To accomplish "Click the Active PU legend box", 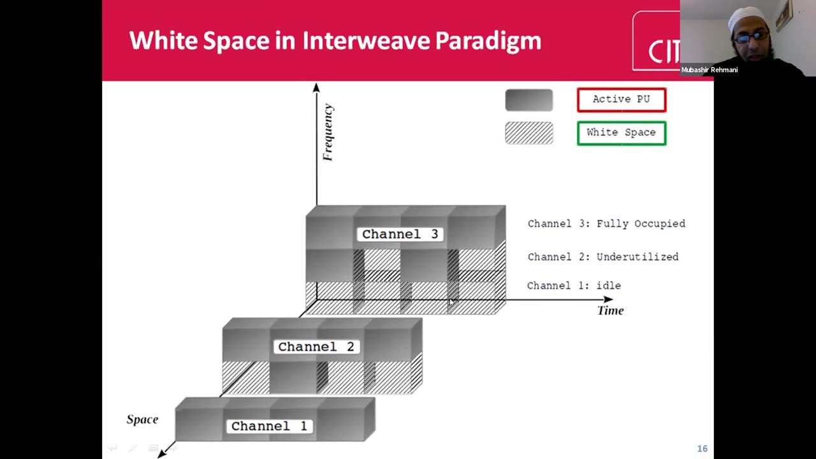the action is click(x=622, y=100).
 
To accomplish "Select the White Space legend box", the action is click(x=622, y=133).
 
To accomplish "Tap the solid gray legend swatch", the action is click(x=529, y=100).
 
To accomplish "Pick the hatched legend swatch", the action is click(x=529, y=133).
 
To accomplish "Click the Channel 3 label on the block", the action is click(x=400, y=234).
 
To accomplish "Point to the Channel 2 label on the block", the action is click(x=316, y=347).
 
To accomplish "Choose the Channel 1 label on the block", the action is click(x=269, y=426).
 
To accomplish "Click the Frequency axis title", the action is click(x=328, y=132).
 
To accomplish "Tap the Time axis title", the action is click(x=611, y=310).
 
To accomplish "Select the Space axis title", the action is click(x=142, y=419).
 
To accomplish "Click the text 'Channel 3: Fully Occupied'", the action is click(x=606, y=224).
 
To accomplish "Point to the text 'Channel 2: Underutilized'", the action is click(x=603, y=257).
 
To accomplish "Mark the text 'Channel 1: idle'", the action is click(x=574, y=286).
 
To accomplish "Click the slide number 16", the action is click(x=703, y=448).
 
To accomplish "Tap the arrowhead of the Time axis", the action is click(x=608, y=300).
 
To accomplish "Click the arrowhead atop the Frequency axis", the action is click(x=316, y=87).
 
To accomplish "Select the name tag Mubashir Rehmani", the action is click(x=710, y=70).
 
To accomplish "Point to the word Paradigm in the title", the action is click(x=488, y=41).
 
